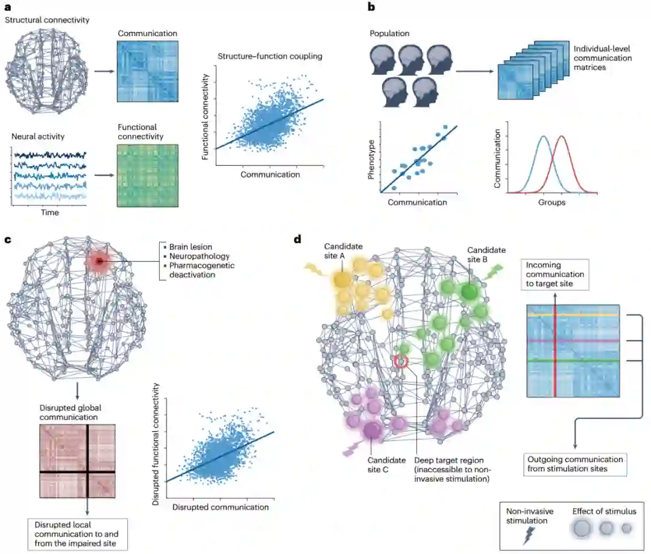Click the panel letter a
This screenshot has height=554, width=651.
tap(7, 8)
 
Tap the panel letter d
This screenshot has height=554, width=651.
tap(297, 240)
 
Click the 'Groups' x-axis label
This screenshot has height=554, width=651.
tap(552, 203)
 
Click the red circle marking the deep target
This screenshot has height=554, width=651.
tap(401, 361)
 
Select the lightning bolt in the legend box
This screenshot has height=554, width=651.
tap(527, 535)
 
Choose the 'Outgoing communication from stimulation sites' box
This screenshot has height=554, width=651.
tap(573, 463)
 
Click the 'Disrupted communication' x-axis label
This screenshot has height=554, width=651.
tap(221, 507)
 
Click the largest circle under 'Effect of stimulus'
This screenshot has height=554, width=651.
tap(582, 529)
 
